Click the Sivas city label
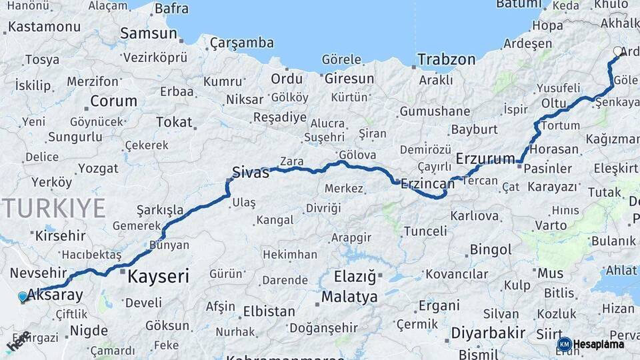251,173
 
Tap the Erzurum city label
485,159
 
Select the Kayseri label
158,276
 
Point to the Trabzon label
447,59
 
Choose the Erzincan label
427,183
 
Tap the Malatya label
349,297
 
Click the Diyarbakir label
489,332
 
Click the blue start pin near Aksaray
23,297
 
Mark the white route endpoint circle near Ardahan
617,51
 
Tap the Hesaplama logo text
600,344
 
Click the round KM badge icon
564,344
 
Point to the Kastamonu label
44,27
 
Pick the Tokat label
173,123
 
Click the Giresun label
349,79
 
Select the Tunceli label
425,231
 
